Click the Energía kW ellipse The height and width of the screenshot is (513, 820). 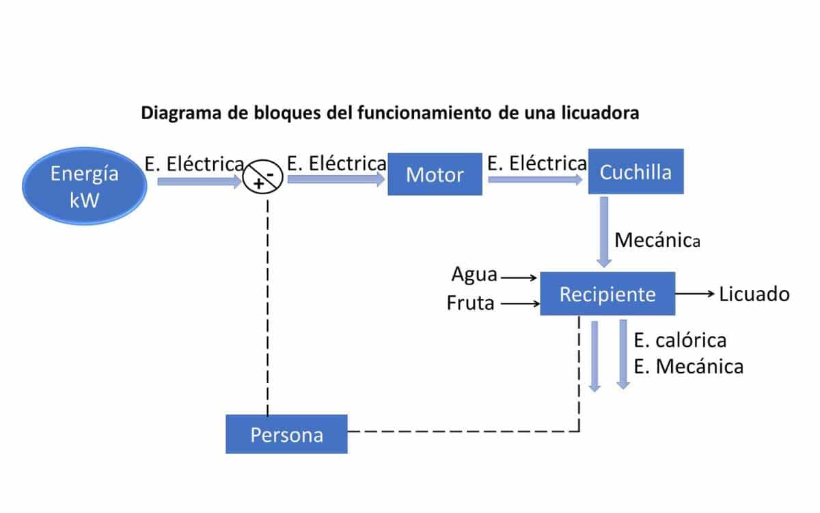pyautogui.click(x=84, y=185)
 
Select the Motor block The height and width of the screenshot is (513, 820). pyautogui.click(x=435, y=174)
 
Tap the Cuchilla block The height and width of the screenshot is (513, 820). pyautogui.click(x=635, y=172)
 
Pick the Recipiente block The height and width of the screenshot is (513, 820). pyautogui.click(x=607, y=294)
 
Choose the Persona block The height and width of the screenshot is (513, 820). pyautogui.click(x=286, y=434)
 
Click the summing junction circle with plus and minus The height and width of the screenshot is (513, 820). pyautogui.click(x=263, y=179)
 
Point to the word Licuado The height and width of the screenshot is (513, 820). pyautogui.click(x=754, y=294)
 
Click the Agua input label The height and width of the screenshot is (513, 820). pyautogui.click(x=474, y=274)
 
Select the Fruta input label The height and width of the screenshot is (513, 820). pyautogui.click(x=470, y=302)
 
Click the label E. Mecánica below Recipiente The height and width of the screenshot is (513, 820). pyautogui.click(x=688, y=367)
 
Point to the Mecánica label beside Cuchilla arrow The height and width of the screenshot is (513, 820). pyautogui.click(x=657, y=240)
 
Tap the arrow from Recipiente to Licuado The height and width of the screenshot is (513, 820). pyautogui.click(x=695, y=293)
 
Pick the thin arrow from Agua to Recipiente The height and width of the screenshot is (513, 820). pyautogui.click(x=519, y=278)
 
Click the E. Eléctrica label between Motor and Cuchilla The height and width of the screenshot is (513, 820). pyautogui.click(x=536, y=163)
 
